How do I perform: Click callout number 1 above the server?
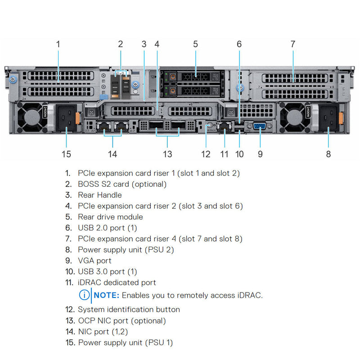(58, 44)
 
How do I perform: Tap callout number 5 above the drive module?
(195, 44)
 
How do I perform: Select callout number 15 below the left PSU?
(66, 154)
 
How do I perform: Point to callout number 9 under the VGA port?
(260, 154)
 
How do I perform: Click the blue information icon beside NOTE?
(84, 296)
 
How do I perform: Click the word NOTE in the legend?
(107, 296)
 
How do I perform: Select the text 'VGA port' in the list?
(94, 261)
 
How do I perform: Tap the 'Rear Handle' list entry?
(99, 195)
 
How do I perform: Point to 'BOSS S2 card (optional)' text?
(122, 184)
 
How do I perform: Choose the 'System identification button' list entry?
(129, 310)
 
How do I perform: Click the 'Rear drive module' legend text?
(110, 217)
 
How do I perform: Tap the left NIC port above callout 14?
(105, 126)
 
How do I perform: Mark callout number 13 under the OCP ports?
(167, 154)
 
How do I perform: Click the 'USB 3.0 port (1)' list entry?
(107, 272)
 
